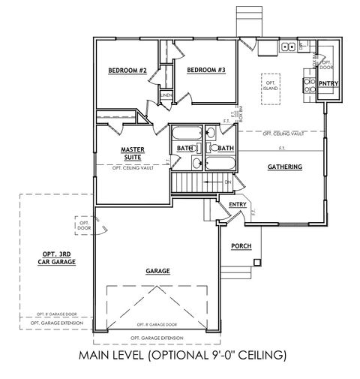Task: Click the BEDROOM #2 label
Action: pos(127,71)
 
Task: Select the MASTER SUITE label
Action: pos(132,154)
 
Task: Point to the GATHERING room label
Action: pos(284,167)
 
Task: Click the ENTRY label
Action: pos(238,204)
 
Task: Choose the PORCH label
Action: pos(241,246)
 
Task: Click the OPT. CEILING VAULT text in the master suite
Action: pos(132,168)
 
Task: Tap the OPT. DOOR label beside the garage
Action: pos(84,224)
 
